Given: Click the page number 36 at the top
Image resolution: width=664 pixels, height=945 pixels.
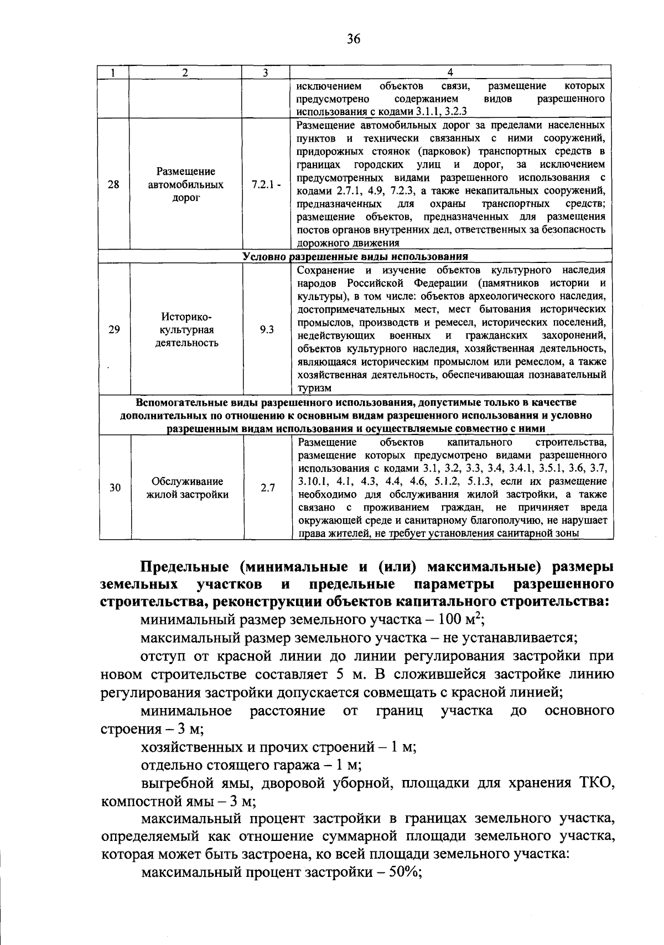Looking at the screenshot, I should point(354,38).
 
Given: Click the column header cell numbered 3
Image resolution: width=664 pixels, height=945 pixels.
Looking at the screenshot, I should point(266,73).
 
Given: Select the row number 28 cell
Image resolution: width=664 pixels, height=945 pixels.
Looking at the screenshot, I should point(113,184).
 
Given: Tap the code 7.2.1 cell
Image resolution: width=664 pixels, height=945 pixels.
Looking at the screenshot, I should point(266,184).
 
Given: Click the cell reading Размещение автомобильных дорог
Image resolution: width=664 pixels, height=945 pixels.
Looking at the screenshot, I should point(185,184).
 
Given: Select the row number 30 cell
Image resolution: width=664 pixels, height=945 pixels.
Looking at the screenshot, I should point(115,488).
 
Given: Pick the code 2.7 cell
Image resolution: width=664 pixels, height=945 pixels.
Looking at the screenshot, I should point(268,488).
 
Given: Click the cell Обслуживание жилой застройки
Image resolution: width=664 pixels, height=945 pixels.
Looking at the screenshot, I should point(187,488).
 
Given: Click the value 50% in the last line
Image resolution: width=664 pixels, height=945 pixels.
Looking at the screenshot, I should point(402,873).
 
